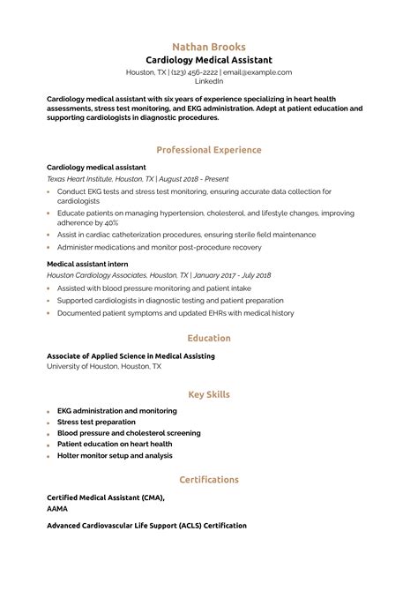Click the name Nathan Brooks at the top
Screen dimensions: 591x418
click(x=209, y=46)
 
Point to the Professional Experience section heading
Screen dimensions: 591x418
click(x=209, y=150)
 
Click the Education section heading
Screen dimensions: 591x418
click(x=209, y=338)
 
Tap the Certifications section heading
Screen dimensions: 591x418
click(x=209, y=480)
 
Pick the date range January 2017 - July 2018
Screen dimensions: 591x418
click(x=223, y=275)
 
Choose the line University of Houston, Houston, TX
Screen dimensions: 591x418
click(x=104, y=366)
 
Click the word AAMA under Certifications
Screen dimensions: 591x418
click(x=57, y=508)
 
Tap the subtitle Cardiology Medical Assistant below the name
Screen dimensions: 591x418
click(x=209, y=59)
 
